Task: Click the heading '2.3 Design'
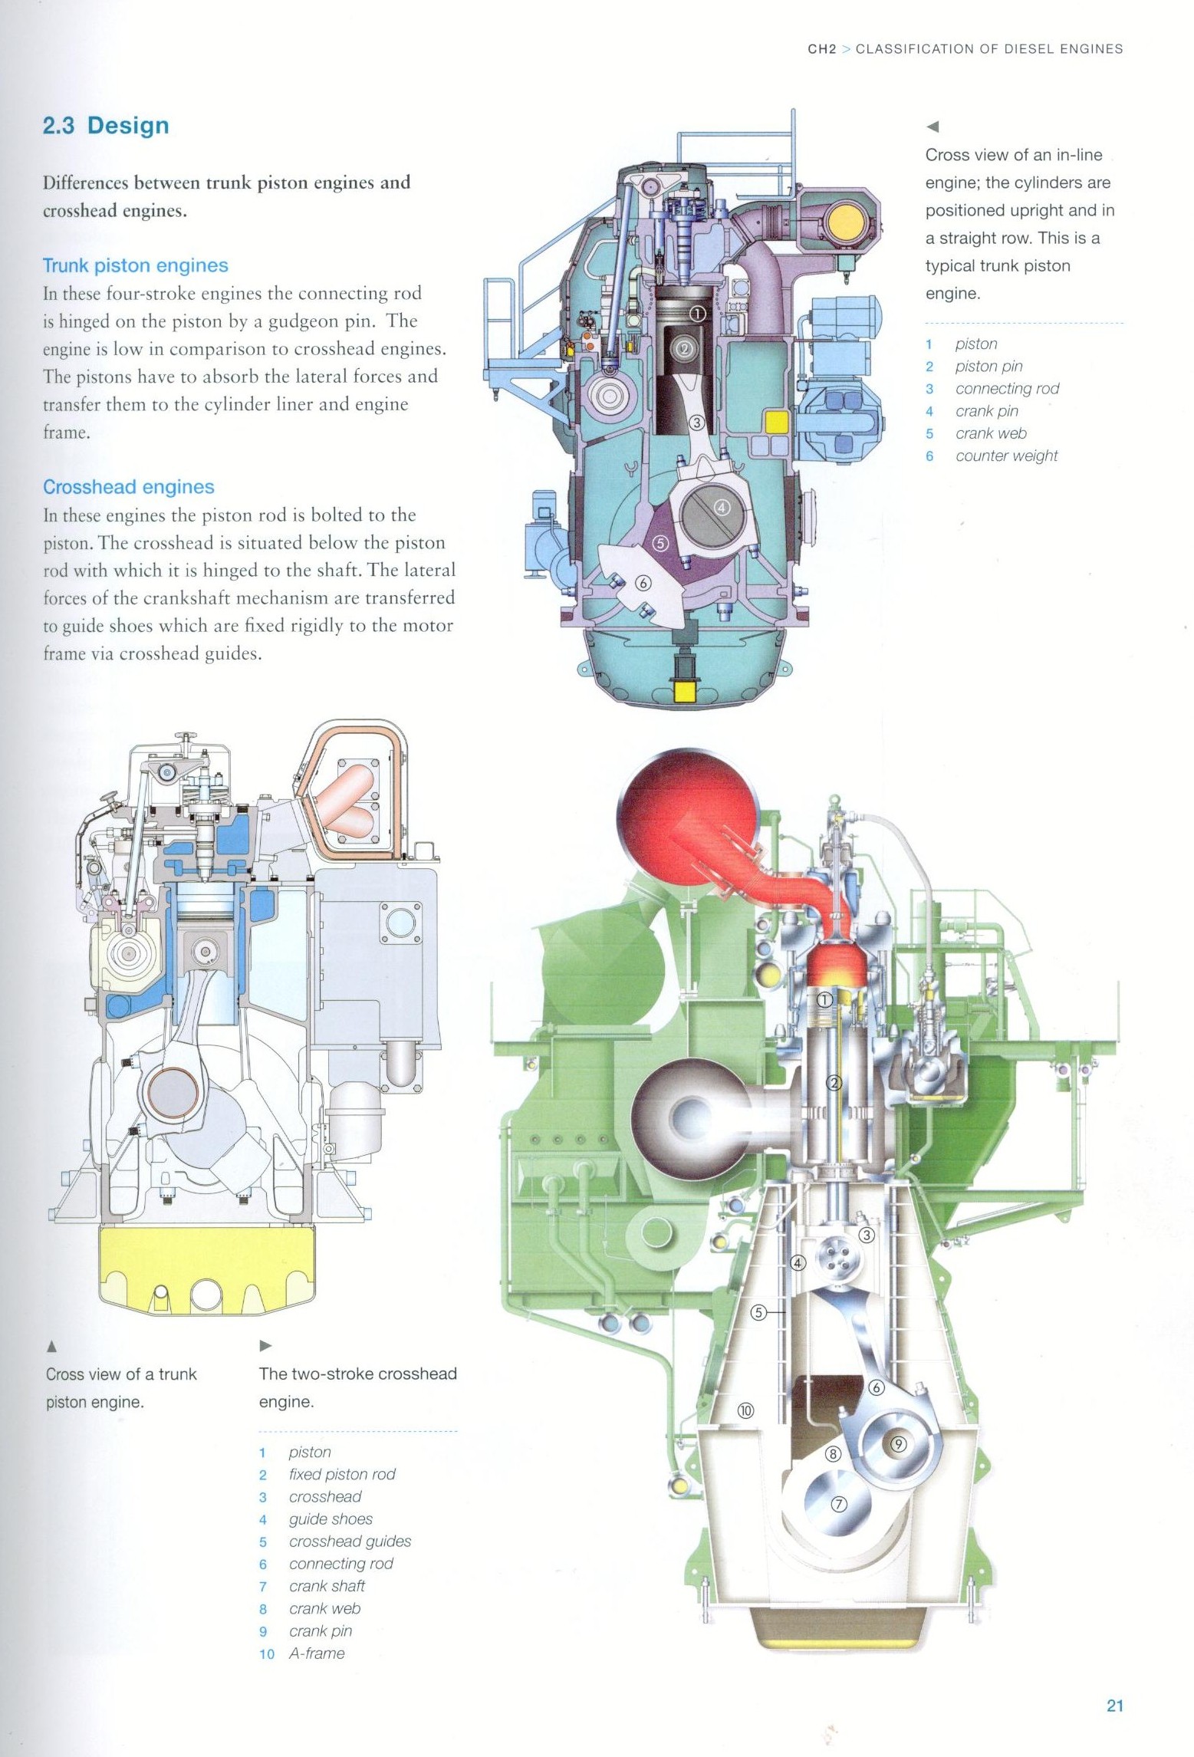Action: coord(106,126)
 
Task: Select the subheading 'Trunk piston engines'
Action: coord(135,266)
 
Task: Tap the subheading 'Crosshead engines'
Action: coord(128,487)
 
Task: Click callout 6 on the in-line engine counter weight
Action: coord(643,584)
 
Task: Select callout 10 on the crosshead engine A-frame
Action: coord(745,1410)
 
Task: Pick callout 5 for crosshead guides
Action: coord(758,1312)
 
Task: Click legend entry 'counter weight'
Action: coord(1006,456)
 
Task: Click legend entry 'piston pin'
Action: coord(988,367)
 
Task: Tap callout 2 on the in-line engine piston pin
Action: coord(686,347)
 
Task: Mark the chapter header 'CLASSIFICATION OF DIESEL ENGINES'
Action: coord(988,49)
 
